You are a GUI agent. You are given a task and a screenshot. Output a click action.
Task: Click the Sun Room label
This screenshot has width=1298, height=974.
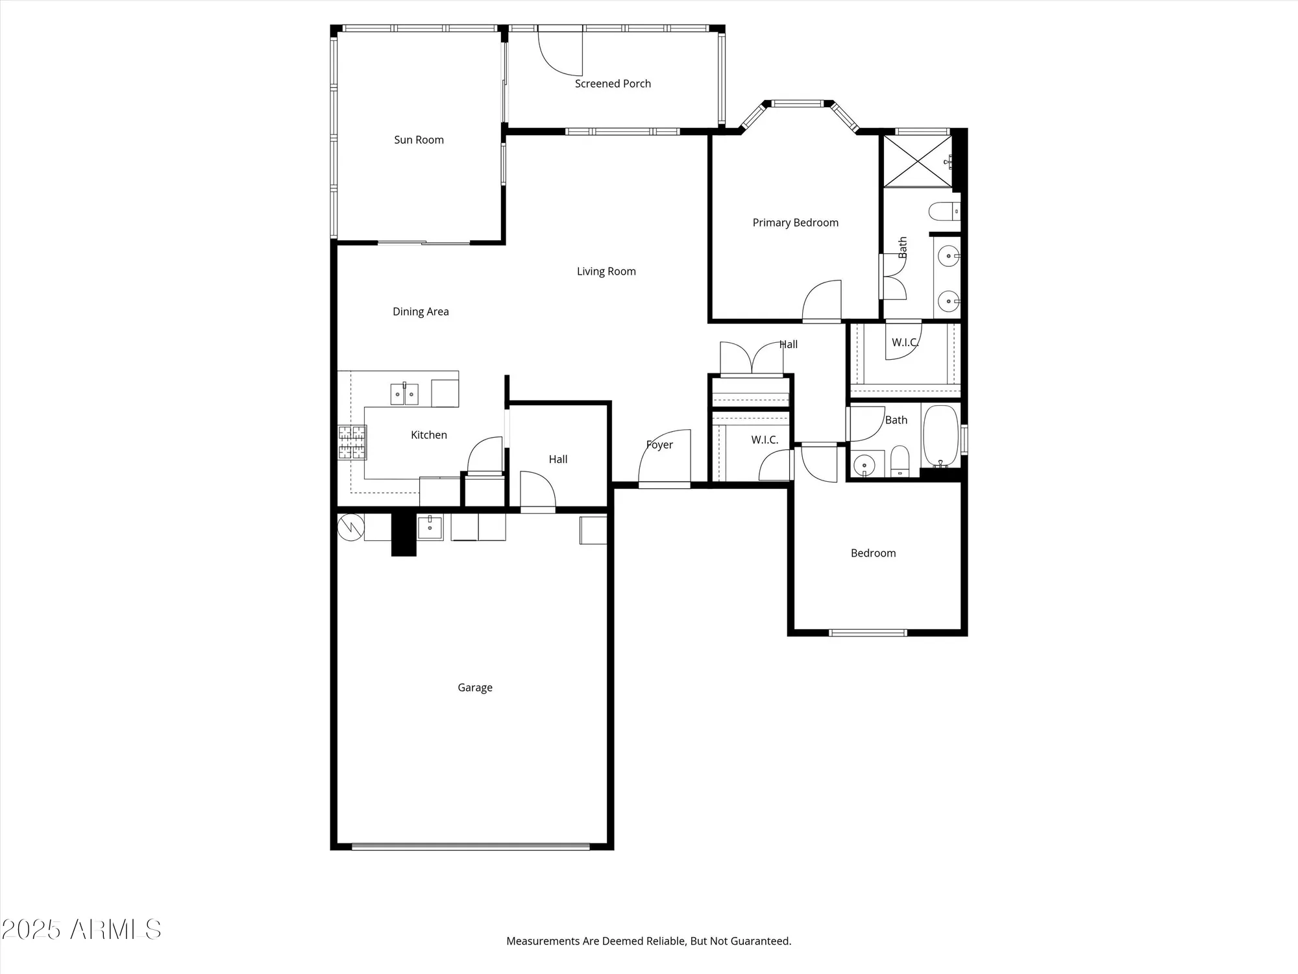[x=419, y=140]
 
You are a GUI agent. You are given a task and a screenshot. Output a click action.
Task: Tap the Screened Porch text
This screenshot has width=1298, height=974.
[x=613, y=84]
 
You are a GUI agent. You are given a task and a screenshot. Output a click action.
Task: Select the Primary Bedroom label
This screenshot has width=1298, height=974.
[x=795, y=223]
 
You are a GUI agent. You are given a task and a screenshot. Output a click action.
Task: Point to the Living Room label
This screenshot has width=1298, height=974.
[x=606, y=271]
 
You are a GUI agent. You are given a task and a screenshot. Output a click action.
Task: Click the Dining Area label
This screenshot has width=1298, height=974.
[x=421, y=312]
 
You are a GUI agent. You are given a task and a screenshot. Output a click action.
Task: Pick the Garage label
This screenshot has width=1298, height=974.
[x=475, y=688]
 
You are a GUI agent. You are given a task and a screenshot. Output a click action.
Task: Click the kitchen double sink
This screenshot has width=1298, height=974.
[x=404, y=394]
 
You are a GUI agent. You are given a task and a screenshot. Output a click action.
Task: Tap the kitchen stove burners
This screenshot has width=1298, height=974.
[x=352, y=443]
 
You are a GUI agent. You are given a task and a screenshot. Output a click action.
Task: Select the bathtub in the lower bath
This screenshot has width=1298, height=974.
[x=940, y=435]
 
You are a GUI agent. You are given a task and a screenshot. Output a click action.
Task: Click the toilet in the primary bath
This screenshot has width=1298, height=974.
[x=943, y=211]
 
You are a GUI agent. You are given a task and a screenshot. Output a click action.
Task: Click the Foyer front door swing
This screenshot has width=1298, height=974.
[x=665, y=458]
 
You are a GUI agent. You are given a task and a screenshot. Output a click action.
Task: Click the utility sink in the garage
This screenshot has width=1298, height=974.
[x=430, y=527]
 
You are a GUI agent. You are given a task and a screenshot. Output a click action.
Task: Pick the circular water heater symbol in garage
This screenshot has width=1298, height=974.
[x=351, y=527]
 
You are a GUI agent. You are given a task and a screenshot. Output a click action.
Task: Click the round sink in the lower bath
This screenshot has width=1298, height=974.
[x=864, y=465]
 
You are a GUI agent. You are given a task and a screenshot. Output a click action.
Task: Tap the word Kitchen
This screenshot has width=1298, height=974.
[x=428, y=435]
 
